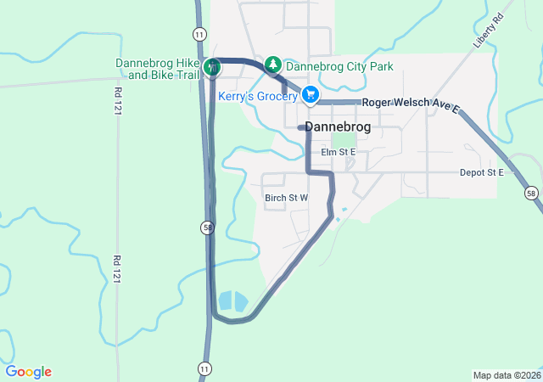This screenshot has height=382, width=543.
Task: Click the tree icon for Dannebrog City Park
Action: pos(273,64)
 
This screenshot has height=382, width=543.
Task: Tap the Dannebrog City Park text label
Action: pos(339,65)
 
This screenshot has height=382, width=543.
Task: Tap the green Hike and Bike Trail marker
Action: pos(214,66)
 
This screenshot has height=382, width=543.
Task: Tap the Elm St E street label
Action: pos(339,152)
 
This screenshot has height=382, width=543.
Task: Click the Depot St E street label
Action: pos(482,172)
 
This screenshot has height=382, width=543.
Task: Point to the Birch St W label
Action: pos(286,198)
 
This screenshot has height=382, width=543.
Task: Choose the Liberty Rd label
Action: pos(490,30)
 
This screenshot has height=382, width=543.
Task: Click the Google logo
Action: pos(29,372)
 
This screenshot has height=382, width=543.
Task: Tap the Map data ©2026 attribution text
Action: pos(506,375)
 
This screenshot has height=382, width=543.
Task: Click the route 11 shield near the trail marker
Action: pos(199,34)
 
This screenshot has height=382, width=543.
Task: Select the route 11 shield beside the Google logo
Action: pos(204,367)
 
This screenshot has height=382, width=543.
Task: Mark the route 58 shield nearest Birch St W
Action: pos(207,228)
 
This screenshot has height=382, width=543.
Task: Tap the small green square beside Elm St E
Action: pos(343,139)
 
